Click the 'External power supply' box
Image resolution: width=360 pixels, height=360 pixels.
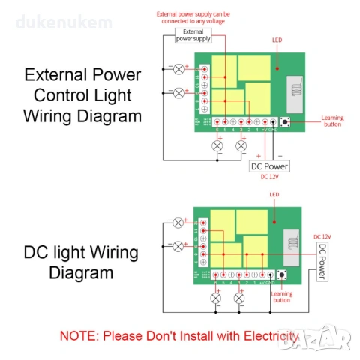tap(193, 35)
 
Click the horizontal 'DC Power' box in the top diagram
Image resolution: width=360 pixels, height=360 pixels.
tap(268, 166)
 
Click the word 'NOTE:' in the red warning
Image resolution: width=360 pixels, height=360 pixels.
tap(79, 334)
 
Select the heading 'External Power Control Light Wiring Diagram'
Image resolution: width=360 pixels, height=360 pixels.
tap(82, 95)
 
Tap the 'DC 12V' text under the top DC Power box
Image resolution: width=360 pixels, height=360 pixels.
tap(269, 178)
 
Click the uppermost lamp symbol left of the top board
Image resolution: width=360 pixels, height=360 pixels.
tap(178, 69)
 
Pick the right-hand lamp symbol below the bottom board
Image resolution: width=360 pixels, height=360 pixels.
tap(239, 298)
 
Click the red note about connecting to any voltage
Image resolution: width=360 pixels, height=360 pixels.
tap(193, 17)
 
